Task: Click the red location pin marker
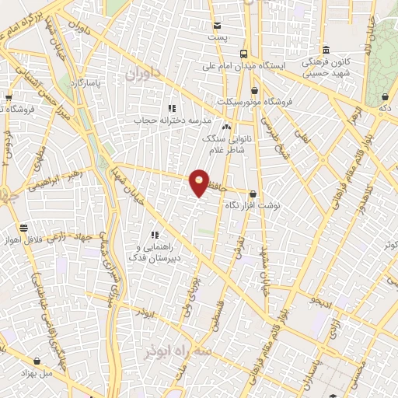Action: tap(199, 181)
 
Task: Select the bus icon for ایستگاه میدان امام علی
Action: tap(244, 54)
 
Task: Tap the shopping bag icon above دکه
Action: tap(386, 97)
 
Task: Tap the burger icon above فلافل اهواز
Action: tap(23, 229)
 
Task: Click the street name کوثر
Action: tap(389, 246)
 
